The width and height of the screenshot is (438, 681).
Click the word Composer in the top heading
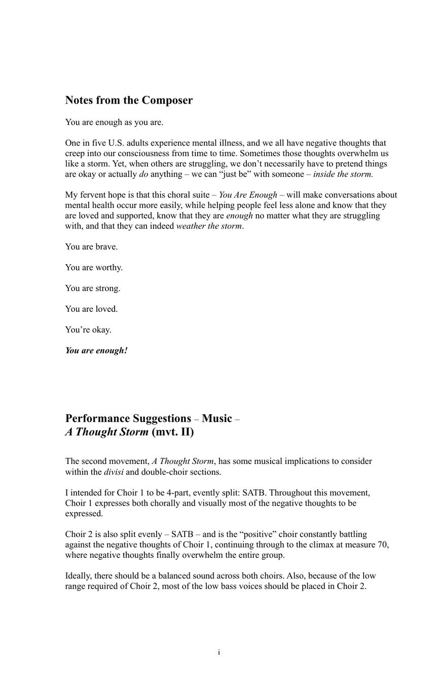point(167,100)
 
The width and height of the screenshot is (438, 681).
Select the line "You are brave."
point(91,247)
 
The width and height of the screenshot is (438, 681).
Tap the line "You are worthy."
point(94,268)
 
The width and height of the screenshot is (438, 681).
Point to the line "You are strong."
point(93,289)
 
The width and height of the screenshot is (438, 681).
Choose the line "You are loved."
point(91,309)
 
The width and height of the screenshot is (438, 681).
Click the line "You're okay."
point(88,330)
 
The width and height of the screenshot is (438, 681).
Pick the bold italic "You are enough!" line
point(96,351)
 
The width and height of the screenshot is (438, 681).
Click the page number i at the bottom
point(219,653)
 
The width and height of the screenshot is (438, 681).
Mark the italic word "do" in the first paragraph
point(143,174)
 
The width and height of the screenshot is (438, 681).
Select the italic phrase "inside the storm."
point(343,174)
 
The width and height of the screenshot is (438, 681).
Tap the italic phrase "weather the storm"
point(209,226)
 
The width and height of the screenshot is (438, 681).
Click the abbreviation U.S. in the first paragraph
point(117,144)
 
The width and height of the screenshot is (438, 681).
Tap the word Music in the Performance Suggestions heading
point(216,419)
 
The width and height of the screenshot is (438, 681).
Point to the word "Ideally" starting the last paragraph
point(79,576)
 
